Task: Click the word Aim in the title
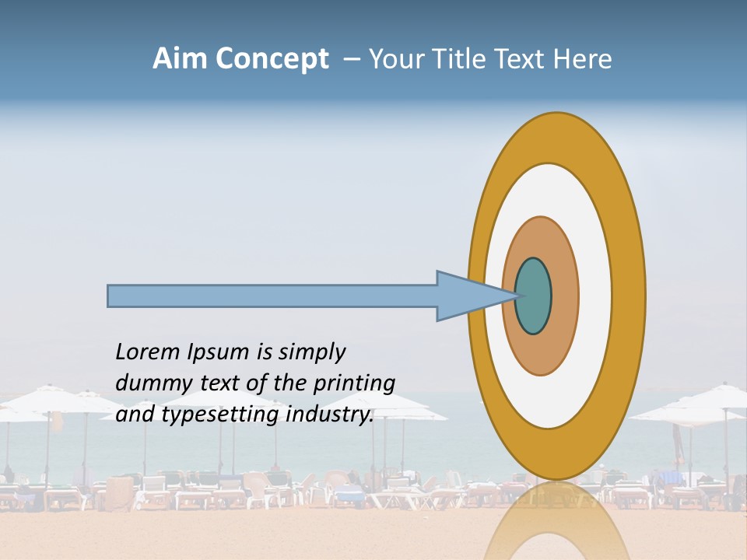(181, 59)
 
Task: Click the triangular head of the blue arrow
(467, 296)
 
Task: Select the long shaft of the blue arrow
(272, 296)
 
